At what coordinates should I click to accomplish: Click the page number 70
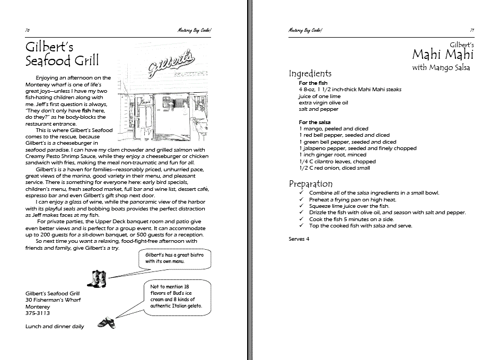pos(28,30)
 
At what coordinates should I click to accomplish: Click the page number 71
pos(471,30)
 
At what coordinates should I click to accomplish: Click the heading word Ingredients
pos(310,74)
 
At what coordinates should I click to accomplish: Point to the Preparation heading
pos(310,183)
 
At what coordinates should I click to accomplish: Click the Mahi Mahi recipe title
pos(443,54)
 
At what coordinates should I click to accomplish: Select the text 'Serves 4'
pos(299,239)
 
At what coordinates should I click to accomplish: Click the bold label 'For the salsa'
pos(315,122)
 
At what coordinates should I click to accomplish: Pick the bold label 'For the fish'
pos(313,83)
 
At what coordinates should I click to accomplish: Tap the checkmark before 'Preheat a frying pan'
pos(302,200)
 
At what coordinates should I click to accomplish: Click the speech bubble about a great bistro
pos(175,258)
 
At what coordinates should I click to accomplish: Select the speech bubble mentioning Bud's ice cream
pos(177,297)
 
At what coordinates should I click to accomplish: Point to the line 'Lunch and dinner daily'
pos(55,327)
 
